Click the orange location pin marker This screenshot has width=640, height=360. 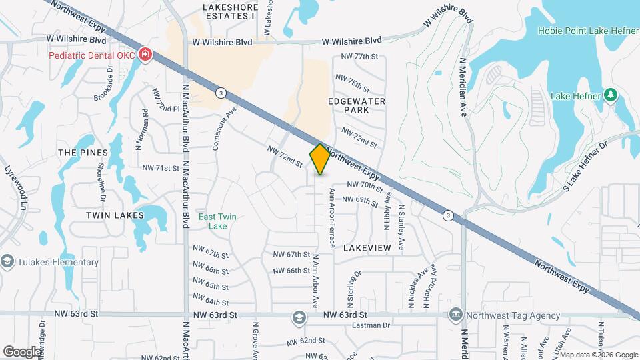coord(320,159)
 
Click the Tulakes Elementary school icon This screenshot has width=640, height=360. coord(8,261)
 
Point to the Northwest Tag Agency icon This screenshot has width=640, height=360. coord(455,314)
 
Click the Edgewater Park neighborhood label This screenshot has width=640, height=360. coord(357,105)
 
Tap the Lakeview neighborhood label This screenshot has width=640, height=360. coord(367,247)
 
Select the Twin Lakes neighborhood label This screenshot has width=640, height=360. coord(115,215)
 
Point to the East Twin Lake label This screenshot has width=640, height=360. coord(217,221)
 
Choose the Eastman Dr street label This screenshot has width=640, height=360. coord(372,325)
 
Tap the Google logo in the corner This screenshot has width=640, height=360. coord(23,351)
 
